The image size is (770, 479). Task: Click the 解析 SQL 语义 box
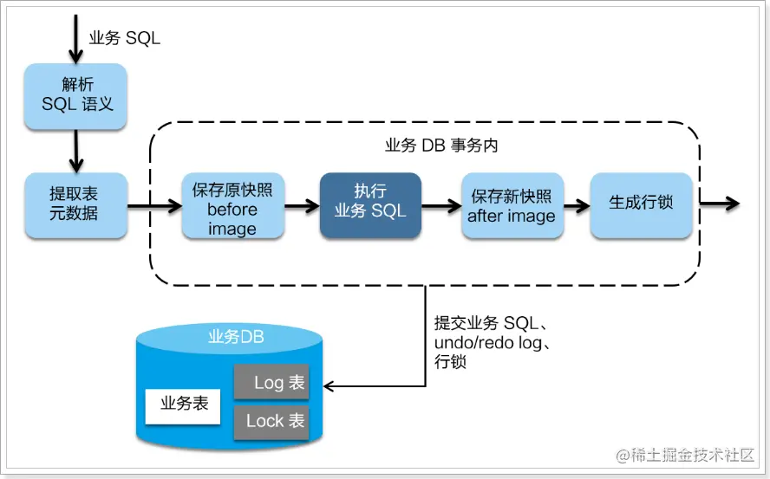(x=76, y=96)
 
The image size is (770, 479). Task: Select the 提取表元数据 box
(x=76, y=205)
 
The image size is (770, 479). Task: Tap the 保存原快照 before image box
(x=232, y=206)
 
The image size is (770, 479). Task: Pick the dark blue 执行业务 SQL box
(x=370, y=205)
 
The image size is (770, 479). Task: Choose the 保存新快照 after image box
(x=511, y=205)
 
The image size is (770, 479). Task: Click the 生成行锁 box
(x=642, y=205)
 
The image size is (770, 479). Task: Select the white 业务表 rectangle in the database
(x=184, y=404)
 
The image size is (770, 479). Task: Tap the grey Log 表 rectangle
(x=271, y=382)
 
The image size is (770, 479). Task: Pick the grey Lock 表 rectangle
(x=271, y=421)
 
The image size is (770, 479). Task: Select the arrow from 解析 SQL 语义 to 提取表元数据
(x=76, y=151)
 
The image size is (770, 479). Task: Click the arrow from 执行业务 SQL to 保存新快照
(x=440, y=205)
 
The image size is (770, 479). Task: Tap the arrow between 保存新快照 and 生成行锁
(x=576, y=205)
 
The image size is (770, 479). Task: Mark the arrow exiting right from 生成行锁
(x=720, y=204)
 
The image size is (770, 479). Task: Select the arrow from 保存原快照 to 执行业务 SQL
(x=302, y=205)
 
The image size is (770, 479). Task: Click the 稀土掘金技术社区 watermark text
(x=685, y=455)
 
